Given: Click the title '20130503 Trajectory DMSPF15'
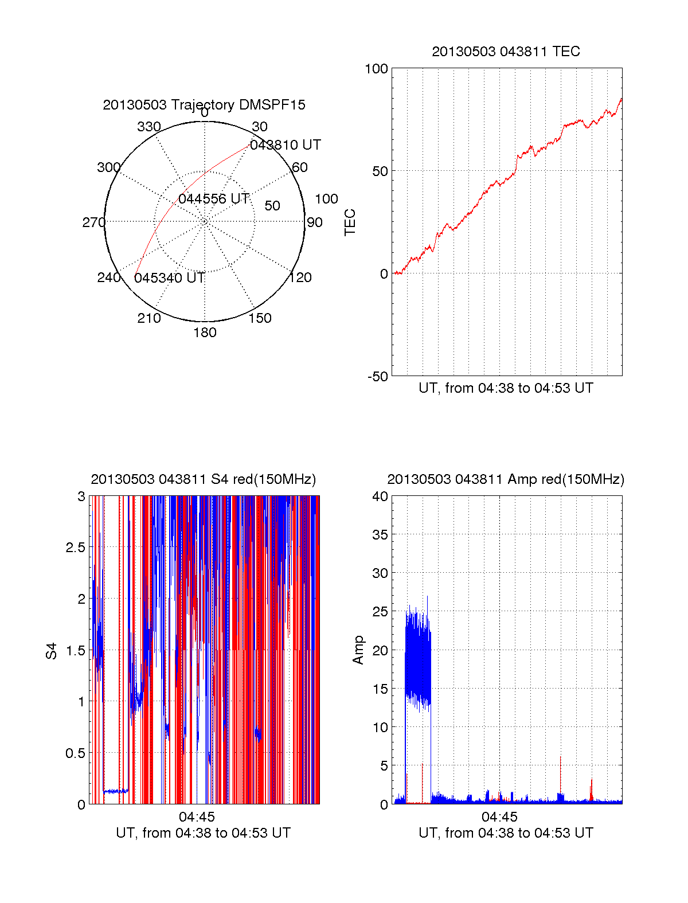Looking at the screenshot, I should [x=204, y=105].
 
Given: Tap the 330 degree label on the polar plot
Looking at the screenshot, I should [x=149, y=127].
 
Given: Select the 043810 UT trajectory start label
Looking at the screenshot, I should [x=286, y=145].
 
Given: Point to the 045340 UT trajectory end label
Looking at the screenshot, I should [x=170, y=278].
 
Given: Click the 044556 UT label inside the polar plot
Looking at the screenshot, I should [x=214, y=199].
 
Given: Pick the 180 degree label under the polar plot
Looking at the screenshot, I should [x=205, y=333].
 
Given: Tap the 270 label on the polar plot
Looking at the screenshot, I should [x=93, y=222].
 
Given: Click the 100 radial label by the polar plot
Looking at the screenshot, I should [x=326, y=199].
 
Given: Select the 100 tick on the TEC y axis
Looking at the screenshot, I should [x=376, y=69].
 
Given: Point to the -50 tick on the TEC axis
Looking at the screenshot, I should [x=378, y=377].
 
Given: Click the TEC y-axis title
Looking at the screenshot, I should [x=350, y=222].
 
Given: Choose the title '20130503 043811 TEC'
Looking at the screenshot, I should [x=506, y=52].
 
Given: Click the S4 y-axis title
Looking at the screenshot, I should [x=52, y=651].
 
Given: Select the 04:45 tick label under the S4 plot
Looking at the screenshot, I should [x=197, y=816].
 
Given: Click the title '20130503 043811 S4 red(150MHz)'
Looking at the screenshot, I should [x=204, y=479].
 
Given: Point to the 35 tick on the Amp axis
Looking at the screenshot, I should [x=380, y=535].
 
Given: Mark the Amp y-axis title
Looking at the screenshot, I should [x=358, y=650].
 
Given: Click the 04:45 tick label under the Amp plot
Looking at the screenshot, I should [x=499, y=816].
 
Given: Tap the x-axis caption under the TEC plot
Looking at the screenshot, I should [x=506, y=388].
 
